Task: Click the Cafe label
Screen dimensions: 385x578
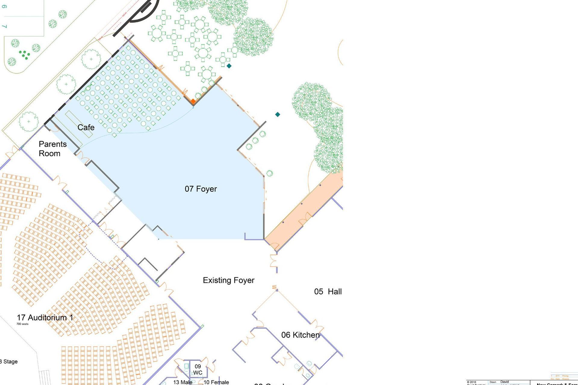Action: point(86,128)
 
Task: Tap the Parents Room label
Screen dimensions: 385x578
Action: point(52,149)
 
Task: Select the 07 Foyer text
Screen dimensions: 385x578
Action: point(201,189)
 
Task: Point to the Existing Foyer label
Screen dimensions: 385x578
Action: point(228,280)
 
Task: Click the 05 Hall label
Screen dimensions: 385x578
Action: point(328,291)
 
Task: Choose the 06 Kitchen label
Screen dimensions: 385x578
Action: point(300,335)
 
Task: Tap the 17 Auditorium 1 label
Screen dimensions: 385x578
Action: point(45,317)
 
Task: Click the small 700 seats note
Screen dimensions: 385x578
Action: point(22,324)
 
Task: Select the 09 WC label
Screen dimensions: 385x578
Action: point(198,369)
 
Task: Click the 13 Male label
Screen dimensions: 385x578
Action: point(182,382)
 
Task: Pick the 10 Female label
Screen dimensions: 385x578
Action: point(216,382)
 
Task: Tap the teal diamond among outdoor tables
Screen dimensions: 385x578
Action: point(229,66)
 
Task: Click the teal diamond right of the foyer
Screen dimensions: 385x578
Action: point(278,114)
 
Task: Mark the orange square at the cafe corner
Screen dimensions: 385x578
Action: point(193,101)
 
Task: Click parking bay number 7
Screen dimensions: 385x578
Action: point(4,26)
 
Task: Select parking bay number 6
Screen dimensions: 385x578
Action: point(4,6)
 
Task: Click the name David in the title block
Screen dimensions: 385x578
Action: point(505,382)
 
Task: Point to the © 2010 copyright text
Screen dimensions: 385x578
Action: point(471,382)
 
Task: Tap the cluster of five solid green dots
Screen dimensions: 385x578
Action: point(24,54)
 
